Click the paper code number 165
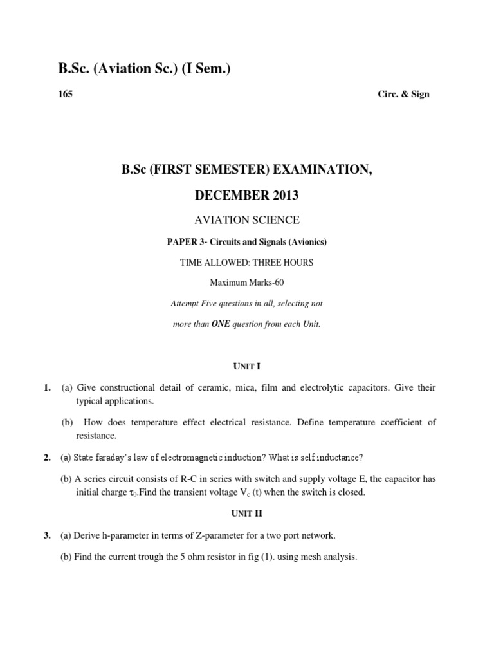coord(66,94)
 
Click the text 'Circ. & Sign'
coord(403,94)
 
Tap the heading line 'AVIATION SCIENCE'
coord(247,220)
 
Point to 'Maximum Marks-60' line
coord(247,283)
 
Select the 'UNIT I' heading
coord(247,366)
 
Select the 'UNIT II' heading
coord(247,514)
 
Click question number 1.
coord(47,387)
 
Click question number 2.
coord(47,458)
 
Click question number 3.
coord(47,535)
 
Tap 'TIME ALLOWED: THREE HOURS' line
coord(247,262)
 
